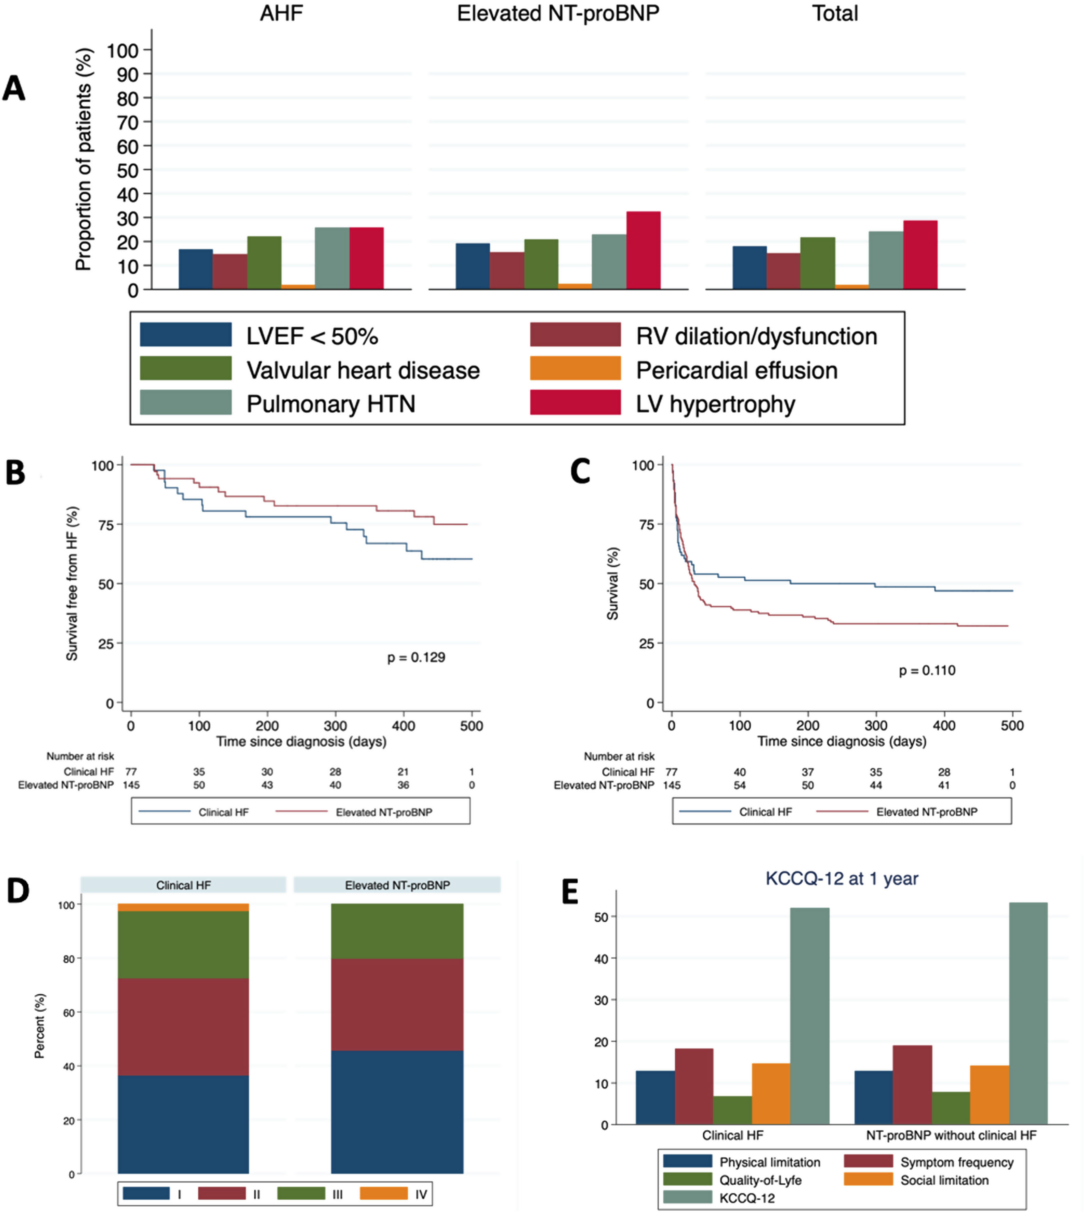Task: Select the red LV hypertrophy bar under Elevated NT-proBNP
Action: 643,250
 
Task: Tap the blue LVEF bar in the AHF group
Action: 195,269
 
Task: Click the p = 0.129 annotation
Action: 416,658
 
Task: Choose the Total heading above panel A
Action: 835,13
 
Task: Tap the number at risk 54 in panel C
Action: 740,786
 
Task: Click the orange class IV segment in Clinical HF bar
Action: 183,907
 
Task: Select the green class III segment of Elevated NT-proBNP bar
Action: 397,931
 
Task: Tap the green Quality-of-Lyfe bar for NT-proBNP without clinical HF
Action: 951,1108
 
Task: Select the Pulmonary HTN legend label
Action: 330,404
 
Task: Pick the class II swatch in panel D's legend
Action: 222,1193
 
